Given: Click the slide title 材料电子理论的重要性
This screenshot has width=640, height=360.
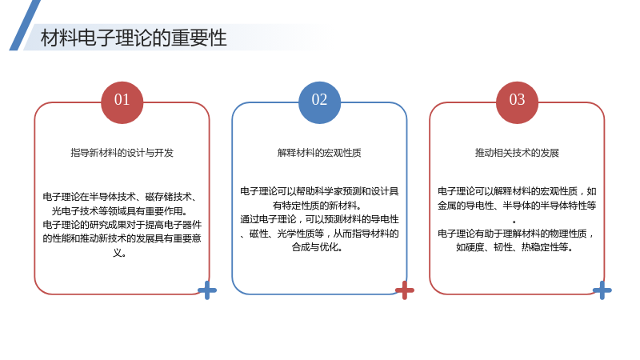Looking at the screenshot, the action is tap(134, 38).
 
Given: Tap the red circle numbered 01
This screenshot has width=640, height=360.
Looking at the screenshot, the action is tap(122, 102).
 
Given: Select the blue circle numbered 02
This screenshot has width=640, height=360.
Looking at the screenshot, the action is tap(319, 102).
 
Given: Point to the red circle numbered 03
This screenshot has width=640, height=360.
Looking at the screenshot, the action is tap(517, 102).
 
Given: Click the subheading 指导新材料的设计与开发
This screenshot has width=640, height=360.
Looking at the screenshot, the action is tap(122, 153).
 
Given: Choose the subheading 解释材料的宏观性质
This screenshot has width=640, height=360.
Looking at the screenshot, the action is tap(319, 153).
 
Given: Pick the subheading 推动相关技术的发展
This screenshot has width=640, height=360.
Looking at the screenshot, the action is tap(517, 153).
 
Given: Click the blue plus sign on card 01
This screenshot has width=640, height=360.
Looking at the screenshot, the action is tap(207, 290).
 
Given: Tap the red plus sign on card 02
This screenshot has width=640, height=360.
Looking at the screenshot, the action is tap(405, 290).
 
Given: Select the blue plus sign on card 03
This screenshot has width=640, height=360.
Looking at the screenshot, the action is tap(602, 290).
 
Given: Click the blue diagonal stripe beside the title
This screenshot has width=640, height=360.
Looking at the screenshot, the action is tap(25, 26).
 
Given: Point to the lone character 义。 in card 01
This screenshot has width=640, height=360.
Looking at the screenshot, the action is tap(119, 253).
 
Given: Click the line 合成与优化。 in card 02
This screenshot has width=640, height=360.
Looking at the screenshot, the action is tap(317, 247).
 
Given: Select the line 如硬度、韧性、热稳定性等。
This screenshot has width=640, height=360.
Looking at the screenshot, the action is tap(514, 247).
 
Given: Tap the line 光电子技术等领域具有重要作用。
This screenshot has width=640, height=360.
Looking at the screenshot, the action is tap(120, 211).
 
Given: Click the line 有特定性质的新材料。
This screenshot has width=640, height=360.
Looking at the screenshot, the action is tap(317, 206).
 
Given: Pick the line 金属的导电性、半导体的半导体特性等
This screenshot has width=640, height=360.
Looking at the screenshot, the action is tap(517, 206).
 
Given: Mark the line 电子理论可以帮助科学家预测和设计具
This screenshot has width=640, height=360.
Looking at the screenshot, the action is tap(319, 191).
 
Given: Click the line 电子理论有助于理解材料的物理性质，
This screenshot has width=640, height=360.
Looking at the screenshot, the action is tap(516, 234).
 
